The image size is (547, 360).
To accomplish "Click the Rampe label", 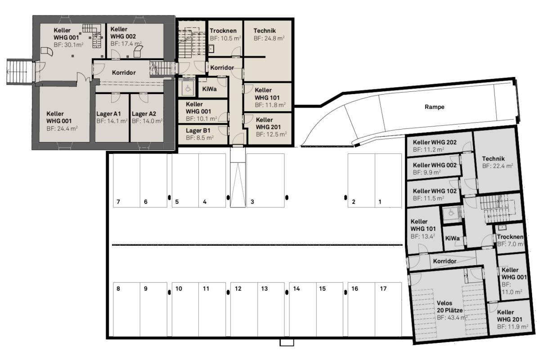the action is (435, 107).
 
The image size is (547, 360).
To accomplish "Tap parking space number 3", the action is (265, 180).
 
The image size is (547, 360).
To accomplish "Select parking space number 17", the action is (388, 310).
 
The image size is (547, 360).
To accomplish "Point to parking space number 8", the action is (126, 310).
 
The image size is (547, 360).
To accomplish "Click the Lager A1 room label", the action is (109, 114).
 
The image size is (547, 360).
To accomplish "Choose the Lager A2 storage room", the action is (147, 118).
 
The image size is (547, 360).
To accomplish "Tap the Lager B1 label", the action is (198, 130).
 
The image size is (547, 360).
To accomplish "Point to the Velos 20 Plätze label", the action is (450, 307).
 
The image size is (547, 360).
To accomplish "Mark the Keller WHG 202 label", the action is (435, 142).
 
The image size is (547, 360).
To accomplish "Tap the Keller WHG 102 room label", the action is (435, 191).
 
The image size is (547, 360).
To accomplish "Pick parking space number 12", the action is (244, 310).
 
